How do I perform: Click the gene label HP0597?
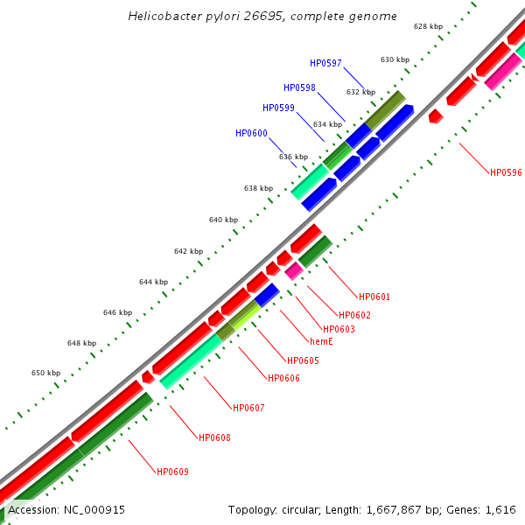325,63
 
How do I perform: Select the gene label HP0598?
299,87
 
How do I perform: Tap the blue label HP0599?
278,108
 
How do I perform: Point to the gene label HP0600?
251,133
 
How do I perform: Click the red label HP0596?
506,172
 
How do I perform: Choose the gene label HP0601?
374,297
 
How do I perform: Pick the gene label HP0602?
354,315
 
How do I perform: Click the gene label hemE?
321,341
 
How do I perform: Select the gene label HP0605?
303,360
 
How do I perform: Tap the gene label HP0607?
248,408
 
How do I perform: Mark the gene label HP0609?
172,472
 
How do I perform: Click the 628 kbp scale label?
428,27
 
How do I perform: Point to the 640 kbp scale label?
223,220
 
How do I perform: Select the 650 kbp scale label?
45,373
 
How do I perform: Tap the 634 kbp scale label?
328,124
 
